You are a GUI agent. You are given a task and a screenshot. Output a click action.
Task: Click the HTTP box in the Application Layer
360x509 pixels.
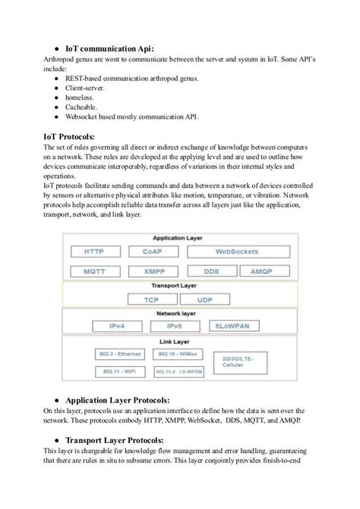tap(95, 251)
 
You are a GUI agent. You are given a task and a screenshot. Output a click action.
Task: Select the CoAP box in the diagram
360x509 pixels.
tap(152, 251)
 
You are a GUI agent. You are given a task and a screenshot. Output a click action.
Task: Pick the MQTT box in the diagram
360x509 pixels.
tap(95, 270)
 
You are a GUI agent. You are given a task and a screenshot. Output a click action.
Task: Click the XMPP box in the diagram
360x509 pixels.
tap(152, 270)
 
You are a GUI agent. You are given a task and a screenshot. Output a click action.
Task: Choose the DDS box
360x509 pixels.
tap(211, 270)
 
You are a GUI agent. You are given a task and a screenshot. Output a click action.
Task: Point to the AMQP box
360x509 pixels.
tap(262, 270)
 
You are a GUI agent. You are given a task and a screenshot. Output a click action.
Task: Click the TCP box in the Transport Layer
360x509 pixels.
tap(152, 300)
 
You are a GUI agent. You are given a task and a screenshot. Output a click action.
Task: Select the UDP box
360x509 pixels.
tap(205, 300)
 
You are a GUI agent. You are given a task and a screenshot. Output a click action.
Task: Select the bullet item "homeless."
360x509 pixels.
tap(81, 96)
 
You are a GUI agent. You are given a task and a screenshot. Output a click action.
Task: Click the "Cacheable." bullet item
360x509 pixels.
tap(83, 107)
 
